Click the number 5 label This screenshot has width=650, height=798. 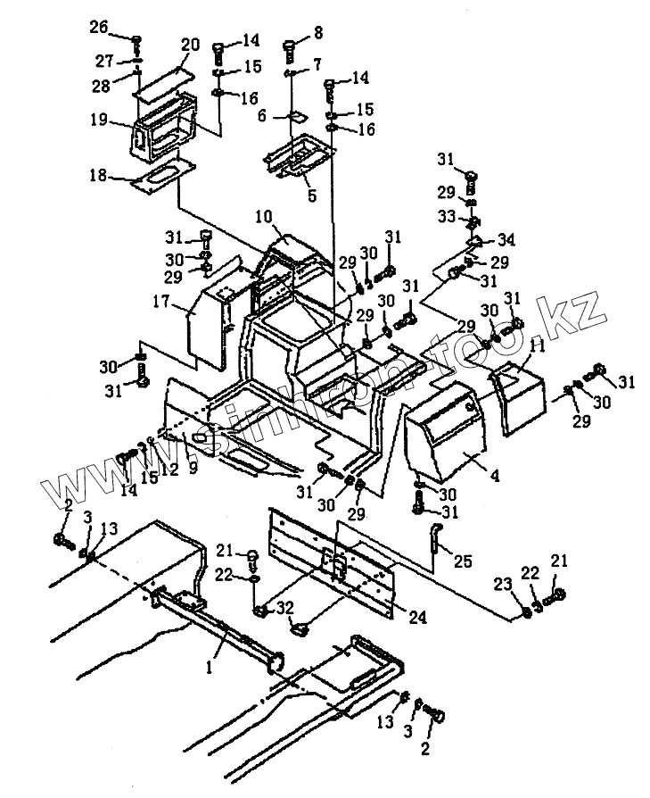pos(310,194)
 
